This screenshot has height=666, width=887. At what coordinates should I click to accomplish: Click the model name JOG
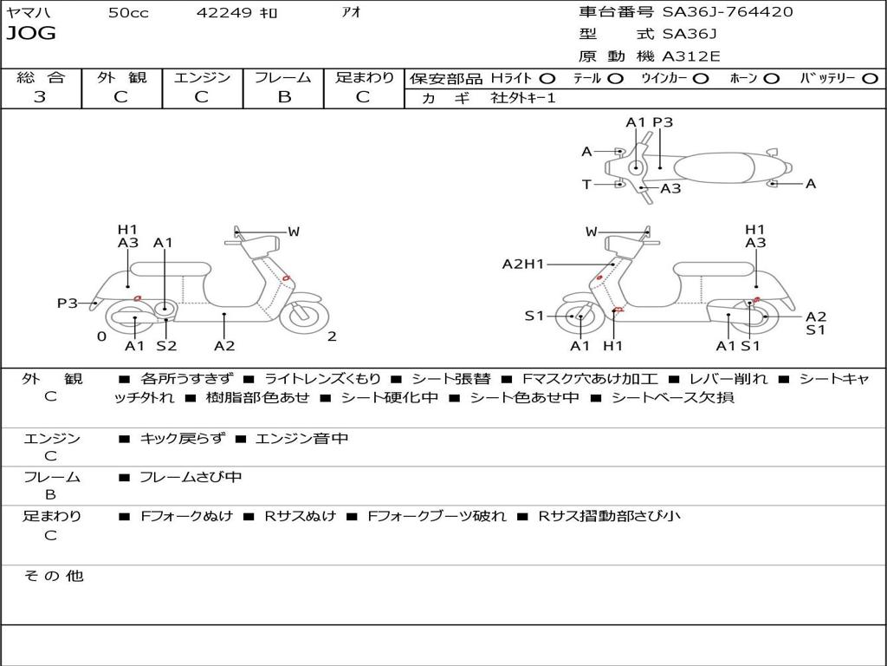[31, 34]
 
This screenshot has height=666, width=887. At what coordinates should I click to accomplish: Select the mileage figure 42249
[224, 12]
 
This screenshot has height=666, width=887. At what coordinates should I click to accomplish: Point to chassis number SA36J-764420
[727, 12]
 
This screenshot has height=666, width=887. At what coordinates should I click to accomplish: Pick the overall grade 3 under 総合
[40, 97]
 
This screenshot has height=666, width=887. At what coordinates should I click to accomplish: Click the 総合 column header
[41, 77]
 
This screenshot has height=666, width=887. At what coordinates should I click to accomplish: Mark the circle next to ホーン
[772, 78]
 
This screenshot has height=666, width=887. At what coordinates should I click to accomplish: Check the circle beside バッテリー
[870, 78]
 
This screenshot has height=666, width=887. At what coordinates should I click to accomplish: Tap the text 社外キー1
[523, 98]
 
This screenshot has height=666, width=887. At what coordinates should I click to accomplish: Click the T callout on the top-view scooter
[586, 184]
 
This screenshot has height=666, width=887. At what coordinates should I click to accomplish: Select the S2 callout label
[166, 346]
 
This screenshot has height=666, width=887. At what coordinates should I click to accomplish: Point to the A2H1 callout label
[523, 264]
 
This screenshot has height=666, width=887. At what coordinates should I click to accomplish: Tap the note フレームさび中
[191, 477]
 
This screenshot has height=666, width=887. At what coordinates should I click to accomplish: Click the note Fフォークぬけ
[187, 516]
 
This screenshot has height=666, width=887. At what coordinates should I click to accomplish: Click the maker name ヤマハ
[27, 12]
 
